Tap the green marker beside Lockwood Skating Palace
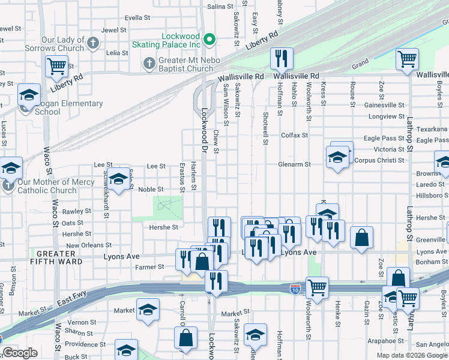(209, 40)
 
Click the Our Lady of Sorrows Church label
(54, 44)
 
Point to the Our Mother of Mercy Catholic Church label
(50, 186)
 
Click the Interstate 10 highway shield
(295, 289)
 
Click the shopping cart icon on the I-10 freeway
(317, 287)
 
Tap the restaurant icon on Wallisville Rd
(281, 59)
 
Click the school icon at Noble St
(118, 178)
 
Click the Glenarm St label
(294, 164)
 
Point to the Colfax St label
(294, 135)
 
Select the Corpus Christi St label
(379, 160)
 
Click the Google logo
(20, 353)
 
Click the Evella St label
(137, 18)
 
